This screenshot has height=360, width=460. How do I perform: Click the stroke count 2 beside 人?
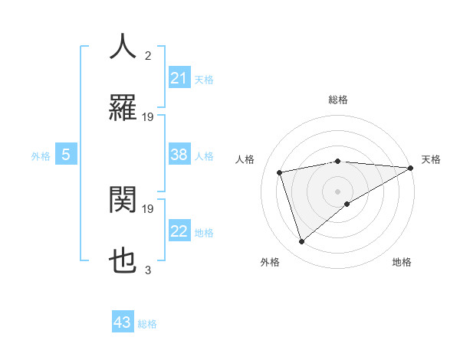coord(148,55)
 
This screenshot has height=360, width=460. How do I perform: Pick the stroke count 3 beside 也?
coord(148,270)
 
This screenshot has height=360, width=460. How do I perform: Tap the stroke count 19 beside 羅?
coord(148,117)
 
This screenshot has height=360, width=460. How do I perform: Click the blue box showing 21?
coord(179,78)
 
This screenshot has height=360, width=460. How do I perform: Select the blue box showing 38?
coord(179,155)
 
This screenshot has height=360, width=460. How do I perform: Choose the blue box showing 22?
coord(179,231)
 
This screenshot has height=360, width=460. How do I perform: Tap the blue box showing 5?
coord(66,155)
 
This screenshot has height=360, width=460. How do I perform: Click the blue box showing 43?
coord(123,322)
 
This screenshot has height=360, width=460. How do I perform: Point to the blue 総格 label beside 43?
coord(147,324)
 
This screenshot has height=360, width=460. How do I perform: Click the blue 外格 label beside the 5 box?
coord(41,156)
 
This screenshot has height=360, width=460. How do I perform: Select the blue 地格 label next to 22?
coord(204,233)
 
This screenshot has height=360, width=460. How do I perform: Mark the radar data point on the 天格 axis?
coord(411,168)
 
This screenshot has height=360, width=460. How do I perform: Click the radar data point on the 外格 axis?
coord(301,242)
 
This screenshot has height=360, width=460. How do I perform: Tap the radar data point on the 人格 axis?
coord(280,172)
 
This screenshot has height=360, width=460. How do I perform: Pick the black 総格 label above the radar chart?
coord(338,100)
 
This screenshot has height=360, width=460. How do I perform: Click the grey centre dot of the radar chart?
coord(338,191)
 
